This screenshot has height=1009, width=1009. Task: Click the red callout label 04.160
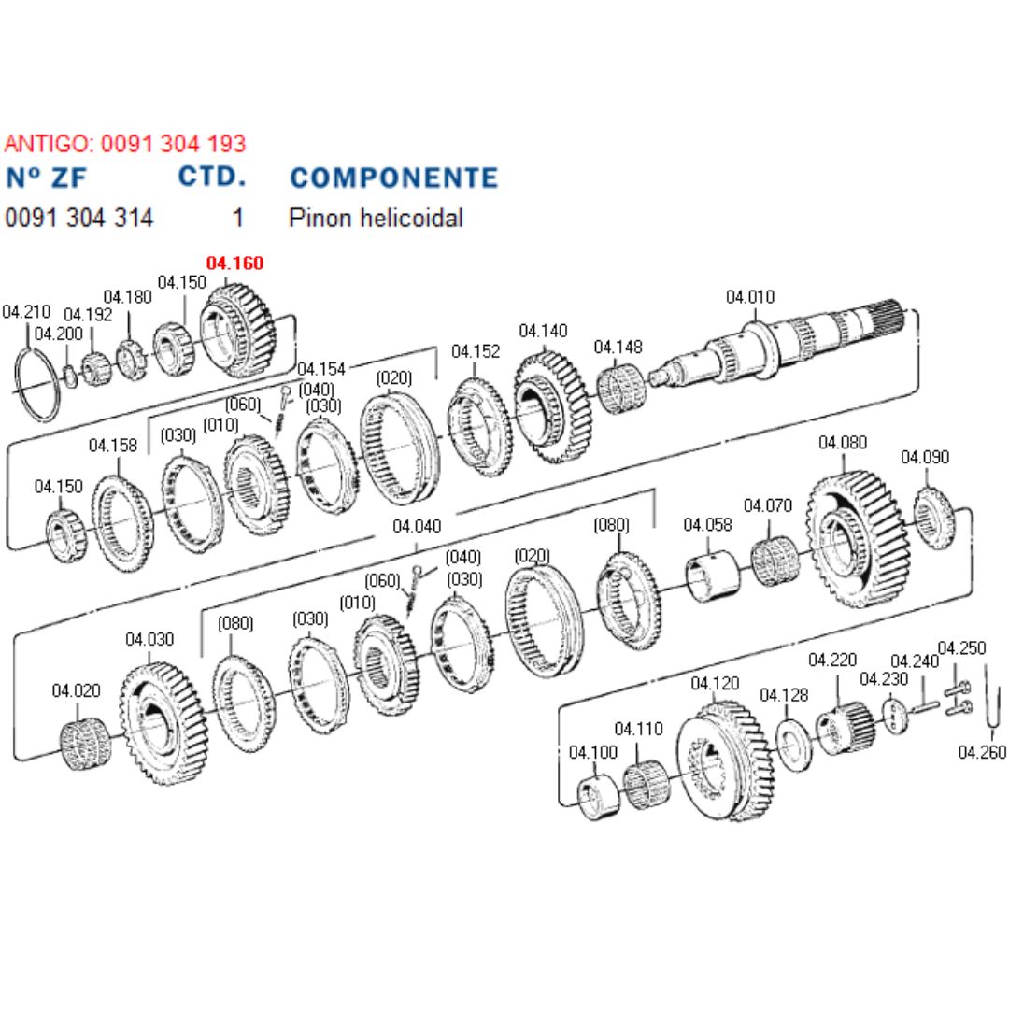click(x=234, y=263)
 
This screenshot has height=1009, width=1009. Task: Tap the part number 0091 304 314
click(x=79, y=218)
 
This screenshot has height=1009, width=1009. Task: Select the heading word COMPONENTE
click(x=394, y=178)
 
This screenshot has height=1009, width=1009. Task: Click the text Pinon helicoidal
click(x=376, y=218)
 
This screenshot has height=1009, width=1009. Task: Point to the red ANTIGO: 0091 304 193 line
click(x=125, y=143)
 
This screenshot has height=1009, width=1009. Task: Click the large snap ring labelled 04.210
click(x=37, y=384)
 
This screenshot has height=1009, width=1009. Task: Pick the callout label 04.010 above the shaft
click(x=750, y=297)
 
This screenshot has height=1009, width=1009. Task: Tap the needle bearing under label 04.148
click(x=620, y=390)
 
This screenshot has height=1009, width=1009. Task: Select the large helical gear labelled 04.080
click(x=858, y=539)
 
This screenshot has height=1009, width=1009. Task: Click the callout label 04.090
click(x=925, y=457)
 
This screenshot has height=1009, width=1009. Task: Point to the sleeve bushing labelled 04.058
click(x=712, y=576)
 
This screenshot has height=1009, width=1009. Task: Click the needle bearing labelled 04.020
click(x=85, y=744)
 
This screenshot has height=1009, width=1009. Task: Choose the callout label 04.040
click(x=417, y=526)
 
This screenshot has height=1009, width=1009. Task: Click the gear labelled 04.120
click(x=725, y=760)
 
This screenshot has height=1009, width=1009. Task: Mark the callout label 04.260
click(x=982, y=751)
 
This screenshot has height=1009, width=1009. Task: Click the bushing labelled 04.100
click(x=599, y=798)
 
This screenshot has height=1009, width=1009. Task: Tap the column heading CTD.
click(x=212, y=177)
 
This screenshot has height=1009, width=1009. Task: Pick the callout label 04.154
click(x=321, y=369)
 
